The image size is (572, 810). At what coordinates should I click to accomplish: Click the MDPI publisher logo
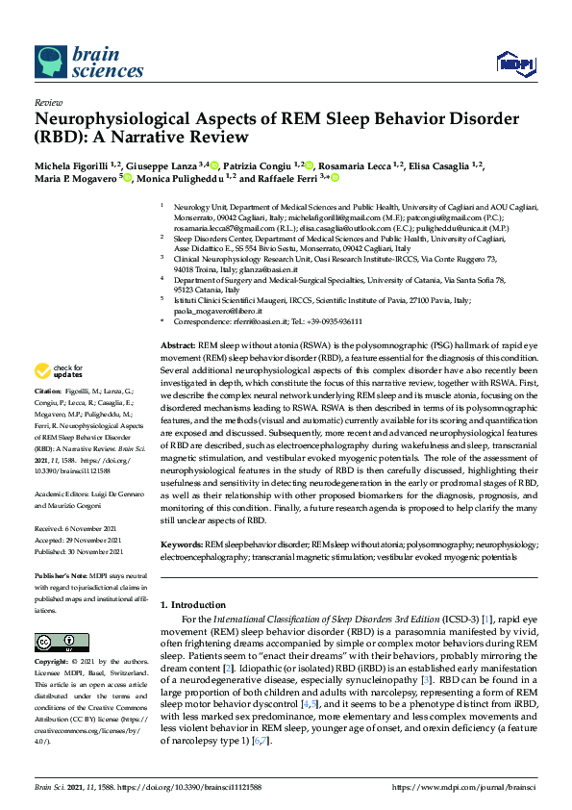pyautogui.click(x=515, y=63)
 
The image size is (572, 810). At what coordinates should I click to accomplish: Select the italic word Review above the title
pyautogui.click(x=48, y=101)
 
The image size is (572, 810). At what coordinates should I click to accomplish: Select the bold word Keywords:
pyautogui.click(x=181, y=544)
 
